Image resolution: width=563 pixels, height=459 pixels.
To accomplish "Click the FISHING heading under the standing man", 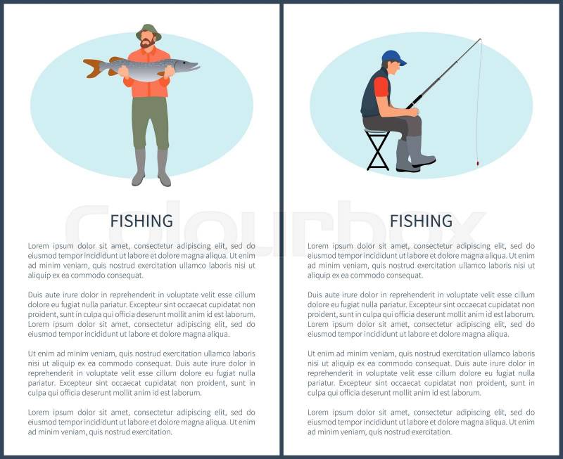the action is pos(141,221).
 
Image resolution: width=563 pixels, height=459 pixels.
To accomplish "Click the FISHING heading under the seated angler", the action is pos(421,221).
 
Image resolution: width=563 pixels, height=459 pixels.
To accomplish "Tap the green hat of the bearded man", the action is pos(148,31).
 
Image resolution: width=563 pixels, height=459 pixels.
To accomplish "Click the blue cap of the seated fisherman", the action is pos(393,58).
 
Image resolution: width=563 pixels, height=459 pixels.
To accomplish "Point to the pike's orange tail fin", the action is pos(93,68).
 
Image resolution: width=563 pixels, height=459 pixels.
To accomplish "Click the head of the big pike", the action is pos(186,65).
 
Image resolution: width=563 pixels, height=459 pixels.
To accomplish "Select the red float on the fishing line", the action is pos(477,163).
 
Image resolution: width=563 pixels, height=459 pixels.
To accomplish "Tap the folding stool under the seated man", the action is pos(378,149).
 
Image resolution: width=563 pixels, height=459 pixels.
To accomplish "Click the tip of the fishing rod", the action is pos(481,39).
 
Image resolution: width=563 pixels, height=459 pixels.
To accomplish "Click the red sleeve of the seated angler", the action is pos(381,87).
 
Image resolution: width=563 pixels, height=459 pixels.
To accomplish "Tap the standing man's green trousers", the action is pos(150,122).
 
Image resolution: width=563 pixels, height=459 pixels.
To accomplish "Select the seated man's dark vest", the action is pos(372,93).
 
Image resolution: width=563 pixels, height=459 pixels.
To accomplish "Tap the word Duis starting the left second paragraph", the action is pos(37,295).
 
